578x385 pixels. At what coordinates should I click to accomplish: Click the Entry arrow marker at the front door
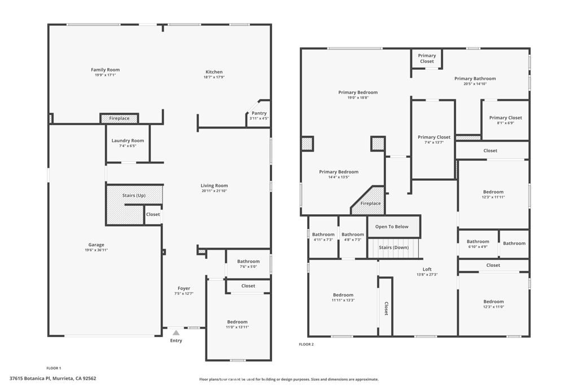(x=176, y=333)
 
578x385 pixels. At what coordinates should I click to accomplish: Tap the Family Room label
(x=106, y=70)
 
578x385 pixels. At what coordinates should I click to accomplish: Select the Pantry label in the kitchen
(x=259, y=113)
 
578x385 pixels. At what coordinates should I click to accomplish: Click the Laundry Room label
(x=128, y=140)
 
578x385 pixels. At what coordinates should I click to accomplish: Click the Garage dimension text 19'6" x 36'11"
(x=96, y=250)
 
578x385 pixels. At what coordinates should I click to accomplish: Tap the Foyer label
(x=184, y=288)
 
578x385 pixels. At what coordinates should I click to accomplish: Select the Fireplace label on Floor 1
(x=119, y=118)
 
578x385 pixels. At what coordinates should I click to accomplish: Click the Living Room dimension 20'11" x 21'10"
(x=214, y=191)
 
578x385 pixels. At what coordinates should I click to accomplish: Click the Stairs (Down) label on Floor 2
(x=393, y=247)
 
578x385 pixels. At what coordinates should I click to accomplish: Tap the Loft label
(x=427, y=269)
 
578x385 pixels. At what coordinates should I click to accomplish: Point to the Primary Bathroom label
(x=475, y=78)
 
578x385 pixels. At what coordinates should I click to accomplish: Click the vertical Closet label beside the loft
(x=386, y=308)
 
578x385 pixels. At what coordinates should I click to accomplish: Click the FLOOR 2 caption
(x=306, y=344)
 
